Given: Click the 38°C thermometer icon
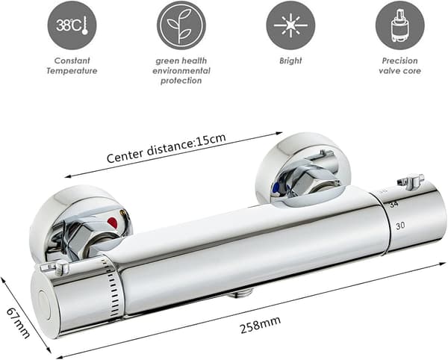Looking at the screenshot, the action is click(72, 25).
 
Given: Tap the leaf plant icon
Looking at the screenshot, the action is click(181, 25).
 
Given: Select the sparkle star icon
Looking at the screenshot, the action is click(290, 25).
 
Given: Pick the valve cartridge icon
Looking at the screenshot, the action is click(400, 25).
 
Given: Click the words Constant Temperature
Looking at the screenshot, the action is click(72, 66).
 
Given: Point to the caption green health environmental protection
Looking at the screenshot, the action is click(181, 70).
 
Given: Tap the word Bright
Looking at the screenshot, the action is click(290, 60).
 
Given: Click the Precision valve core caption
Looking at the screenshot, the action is click(400, 66).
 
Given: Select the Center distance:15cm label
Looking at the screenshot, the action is click(167, 148).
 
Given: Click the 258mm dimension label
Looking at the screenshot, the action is click(260, 325).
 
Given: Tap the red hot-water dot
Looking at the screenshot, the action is click(113, 223).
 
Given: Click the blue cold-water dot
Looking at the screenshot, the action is click(276, 188).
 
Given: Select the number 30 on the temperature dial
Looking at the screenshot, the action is click(400, 226).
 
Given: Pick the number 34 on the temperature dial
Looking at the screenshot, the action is click(393, 205).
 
